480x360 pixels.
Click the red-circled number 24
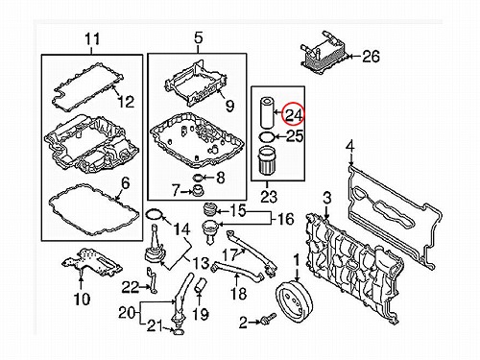point(294,114)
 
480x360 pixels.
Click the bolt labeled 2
point(268,319)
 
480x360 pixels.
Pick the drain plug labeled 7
point(198,191)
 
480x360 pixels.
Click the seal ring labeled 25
point(266,137)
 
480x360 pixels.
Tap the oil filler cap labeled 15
point(210,210)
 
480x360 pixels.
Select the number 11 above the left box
point(92,39)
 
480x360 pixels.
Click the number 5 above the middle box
point(199,38)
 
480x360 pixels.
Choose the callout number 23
point(269,196)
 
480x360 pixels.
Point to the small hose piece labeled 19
point(201,286)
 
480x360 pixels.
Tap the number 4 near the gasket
point(350,147)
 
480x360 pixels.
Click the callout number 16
point(286,219)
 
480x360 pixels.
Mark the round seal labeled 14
point(155,214)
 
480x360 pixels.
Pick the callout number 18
point(239,294)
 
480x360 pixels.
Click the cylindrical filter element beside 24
point(265,113)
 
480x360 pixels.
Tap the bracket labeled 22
point(152,280)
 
